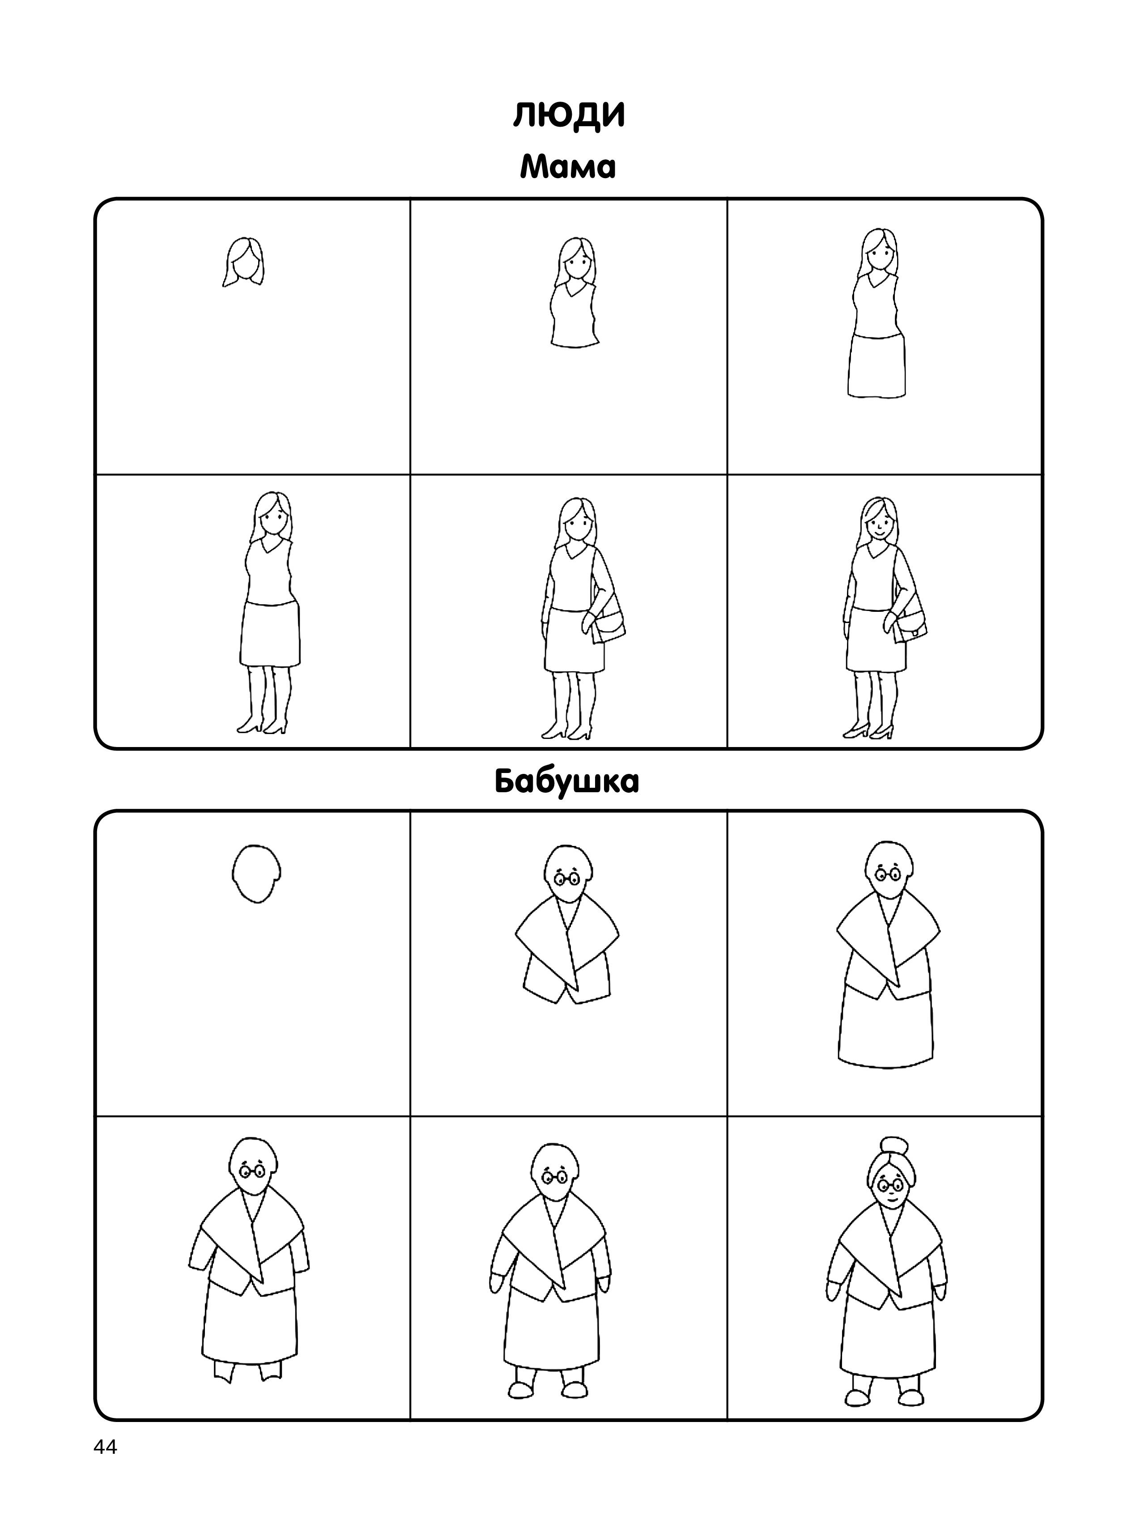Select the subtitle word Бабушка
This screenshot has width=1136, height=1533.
(566, 781)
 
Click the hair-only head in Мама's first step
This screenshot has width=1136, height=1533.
(243, 262)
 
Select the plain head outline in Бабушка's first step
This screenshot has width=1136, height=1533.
(256, 873)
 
